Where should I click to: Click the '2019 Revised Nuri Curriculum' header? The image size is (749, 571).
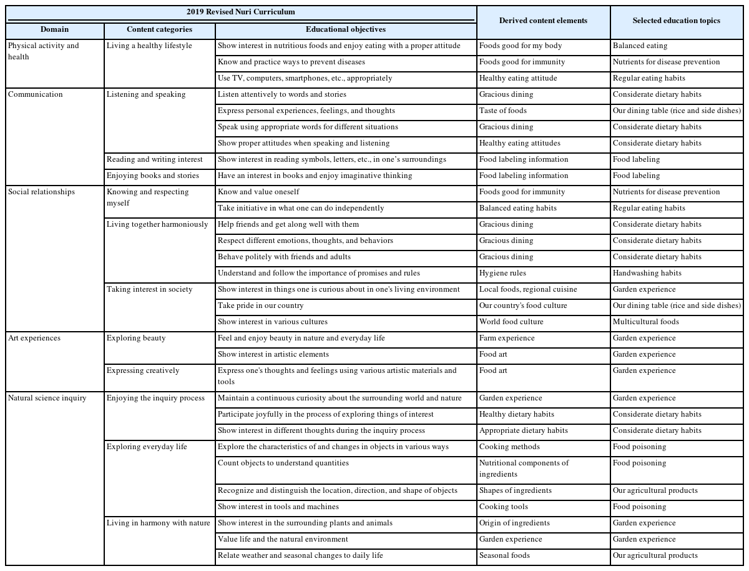240,12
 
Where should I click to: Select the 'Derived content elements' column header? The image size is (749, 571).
543,21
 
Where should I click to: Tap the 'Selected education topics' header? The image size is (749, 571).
676,21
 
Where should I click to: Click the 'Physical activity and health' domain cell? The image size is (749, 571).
44,51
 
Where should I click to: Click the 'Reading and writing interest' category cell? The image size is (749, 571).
155,159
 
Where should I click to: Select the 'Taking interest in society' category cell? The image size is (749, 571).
150,289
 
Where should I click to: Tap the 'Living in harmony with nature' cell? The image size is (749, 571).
159,523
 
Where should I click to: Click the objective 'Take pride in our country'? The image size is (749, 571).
261,305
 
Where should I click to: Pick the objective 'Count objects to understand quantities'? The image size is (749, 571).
283,463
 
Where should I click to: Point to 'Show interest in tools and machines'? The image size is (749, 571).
278,507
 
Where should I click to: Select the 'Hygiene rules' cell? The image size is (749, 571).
502,273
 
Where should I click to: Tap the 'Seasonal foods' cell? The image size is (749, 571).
504,555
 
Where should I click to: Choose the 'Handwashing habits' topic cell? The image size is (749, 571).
647,273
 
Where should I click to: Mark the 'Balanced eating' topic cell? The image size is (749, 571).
640,46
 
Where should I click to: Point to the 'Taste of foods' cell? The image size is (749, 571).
503,111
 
